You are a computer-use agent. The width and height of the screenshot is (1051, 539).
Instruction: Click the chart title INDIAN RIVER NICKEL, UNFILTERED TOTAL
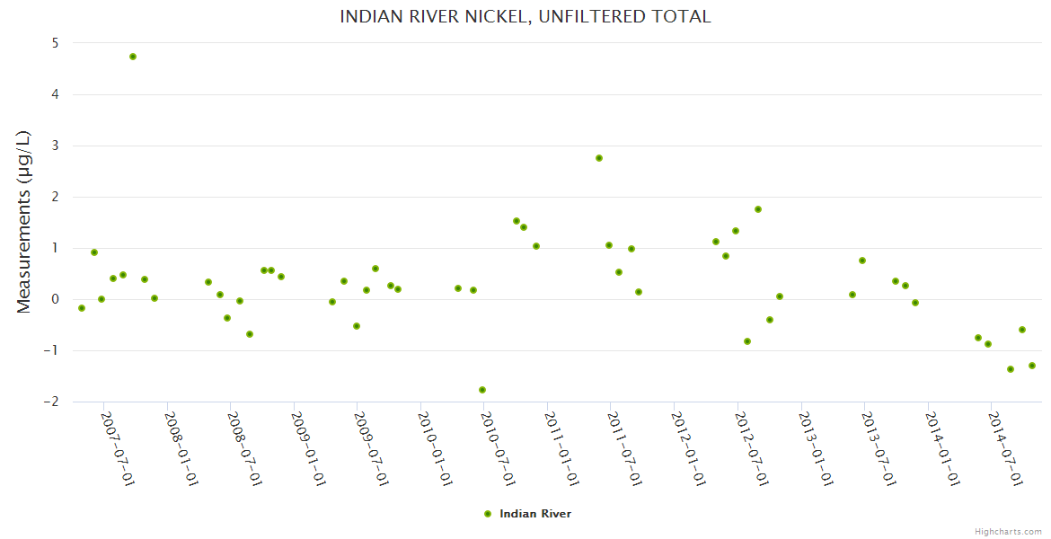525,17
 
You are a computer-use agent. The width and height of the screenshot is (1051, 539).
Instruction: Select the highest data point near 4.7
133,57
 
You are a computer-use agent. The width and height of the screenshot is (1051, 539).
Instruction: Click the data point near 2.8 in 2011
599,158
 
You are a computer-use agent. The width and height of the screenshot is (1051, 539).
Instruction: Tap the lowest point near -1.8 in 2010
482,390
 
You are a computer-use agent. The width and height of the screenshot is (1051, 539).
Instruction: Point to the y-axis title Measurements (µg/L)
24,222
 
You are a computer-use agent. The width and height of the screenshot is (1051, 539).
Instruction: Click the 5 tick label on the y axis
55,43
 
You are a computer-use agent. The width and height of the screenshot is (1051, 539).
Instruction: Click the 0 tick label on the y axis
55,299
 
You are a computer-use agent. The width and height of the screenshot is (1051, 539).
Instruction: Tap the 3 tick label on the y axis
55,146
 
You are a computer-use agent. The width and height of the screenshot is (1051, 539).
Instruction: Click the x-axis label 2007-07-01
118,449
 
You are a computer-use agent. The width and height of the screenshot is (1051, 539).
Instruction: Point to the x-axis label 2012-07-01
752,449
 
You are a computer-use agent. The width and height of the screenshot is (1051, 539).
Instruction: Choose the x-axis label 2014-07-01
1006,449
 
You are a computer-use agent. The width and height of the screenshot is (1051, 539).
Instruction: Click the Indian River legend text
535,514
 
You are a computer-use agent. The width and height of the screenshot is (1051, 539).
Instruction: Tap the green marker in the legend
488,514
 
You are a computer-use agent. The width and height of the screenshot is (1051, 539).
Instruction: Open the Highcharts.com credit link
1008,531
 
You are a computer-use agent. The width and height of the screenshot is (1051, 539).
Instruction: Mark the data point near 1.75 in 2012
758,209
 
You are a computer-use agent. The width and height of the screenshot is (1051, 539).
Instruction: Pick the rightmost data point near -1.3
1032,366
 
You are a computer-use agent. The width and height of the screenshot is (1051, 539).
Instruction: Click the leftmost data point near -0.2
82,308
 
